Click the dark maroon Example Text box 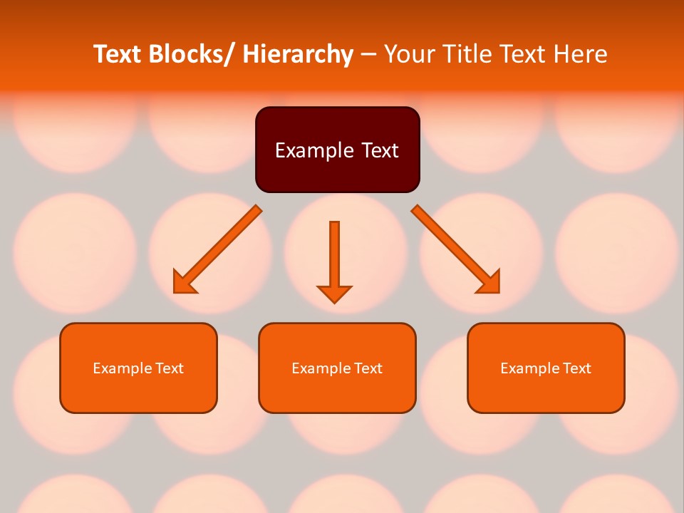337,150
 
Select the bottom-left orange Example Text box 138,368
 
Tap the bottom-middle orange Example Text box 337,368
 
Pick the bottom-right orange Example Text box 546,368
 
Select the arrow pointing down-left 217,249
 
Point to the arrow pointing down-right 456,249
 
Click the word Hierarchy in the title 298,54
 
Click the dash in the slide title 368,55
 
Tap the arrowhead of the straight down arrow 334,294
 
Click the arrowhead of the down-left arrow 184,283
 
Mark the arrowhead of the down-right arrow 489,283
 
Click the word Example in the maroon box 309,150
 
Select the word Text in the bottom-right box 576,368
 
